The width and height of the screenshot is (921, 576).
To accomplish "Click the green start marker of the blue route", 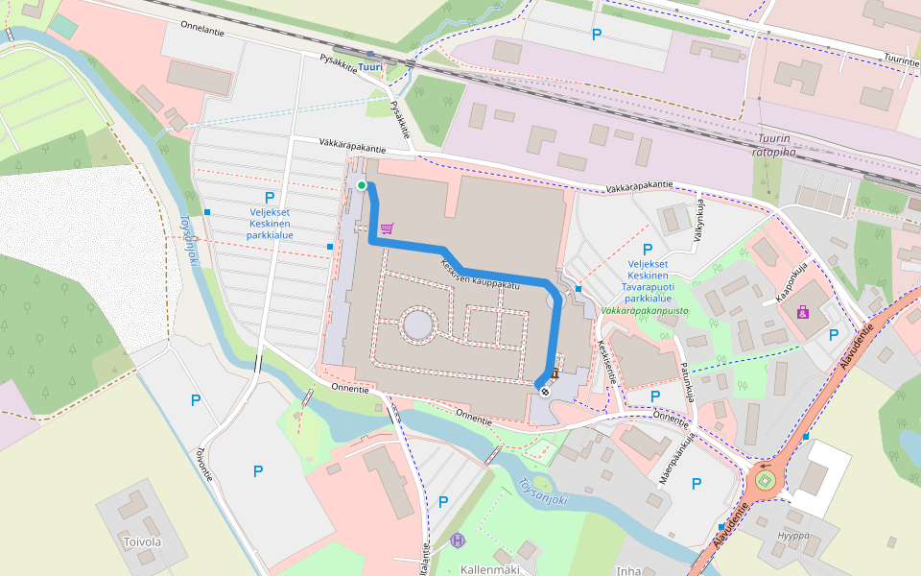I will pos(362,185).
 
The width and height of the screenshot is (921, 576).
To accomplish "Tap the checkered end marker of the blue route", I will pos(544,390).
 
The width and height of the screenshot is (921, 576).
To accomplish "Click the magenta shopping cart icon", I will pos(387,228).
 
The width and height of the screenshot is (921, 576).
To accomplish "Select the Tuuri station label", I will pos(370,67).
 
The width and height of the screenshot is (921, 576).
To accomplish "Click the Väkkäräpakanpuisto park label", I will pos(651,312).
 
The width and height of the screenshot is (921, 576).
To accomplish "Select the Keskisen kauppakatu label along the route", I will pos(480,274).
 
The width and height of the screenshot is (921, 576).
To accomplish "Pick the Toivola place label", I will pos(142,541).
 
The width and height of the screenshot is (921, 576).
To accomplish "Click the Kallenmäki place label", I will pos(489,569).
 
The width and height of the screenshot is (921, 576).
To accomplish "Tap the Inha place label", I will pos(629,570).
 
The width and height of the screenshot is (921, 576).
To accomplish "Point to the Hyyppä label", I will pos(793,535).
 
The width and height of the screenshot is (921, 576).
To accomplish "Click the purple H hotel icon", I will pos(458,540).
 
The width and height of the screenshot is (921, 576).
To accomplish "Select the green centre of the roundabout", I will pos(765,479).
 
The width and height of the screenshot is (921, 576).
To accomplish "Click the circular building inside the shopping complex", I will pos(418,324).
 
